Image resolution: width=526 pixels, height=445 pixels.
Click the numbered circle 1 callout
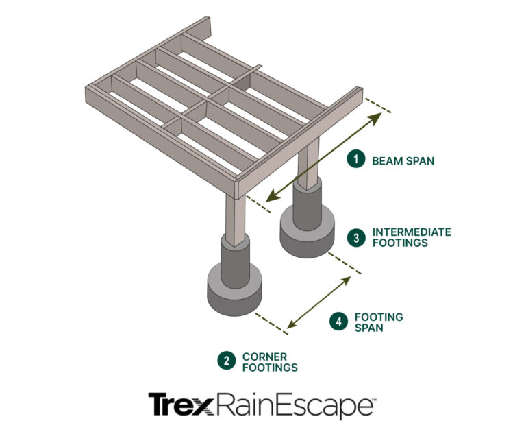[x=355, y=160]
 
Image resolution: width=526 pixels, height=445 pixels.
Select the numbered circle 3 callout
[x=355, y=237]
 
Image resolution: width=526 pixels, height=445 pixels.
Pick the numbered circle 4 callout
[x=338, y=322]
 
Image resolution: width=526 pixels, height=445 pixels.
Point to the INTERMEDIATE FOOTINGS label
[x=411, y=237]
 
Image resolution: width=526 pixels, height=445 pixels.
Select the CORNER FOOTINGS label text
[x=269, y=362]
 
